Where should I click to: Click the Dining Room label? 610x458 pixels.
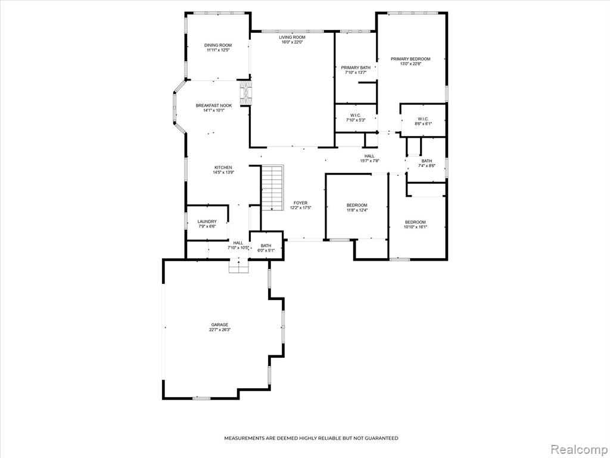[x=218, y=45]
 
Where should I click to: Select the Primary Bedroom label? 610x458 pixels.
[x=410, y=59]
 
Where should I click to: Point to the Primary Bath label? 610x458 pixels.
[x=356, y=67]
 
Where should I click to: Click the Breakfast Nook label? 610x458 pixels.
[x=214, y=106]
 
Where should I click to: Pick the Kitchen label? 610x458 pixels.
[x=223, y=168]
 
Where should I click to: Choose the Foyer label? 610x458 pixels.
[x=300, y=203]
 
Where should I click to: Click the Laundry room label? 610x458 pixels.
[x=207, y=222]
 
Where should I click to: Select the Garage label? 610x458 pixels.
[x=220, y=325]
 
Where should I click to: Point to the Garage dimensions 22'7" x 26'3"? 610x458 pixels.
[x=220, y=329]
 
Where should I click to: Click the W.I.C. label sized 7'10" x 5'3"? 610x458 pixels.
[x=355, y=115]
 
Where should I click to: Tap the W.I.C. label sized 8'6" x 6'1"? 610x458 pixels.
[x=424, y=119]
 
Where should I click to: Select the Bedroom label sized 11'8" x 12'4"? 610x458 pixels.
[x=357, y=205]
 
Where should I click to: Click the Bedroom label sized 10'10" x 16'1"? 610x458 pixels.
[x=415, y=222]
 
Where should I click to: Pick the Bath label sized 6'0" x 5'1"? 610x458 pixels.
[x=266, y=246]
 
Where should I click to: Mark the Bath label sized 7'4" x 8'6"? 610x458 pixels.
[x=427, y=161]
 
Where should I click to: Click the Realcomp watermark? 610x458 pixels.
[x=578, y=449]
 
